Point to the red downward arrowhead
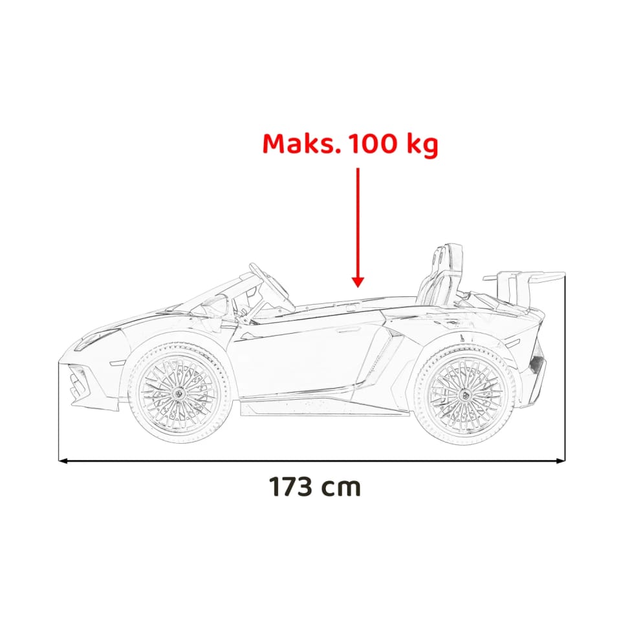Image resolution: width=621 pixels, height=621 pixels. [x=358, y=282]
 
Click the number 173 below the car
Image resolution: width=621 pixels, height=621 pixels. [x=290, y=486]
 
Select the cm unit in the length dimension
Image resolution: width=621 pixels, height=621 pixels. [x=341, y=489]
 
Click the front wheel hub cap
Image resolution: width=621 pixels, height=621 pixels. [x=179, y=394]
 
